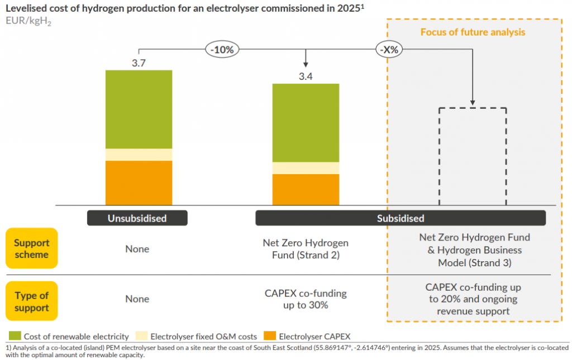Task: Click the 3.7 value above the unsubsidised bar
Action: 139,63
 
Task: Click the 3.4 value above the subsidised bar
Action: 306,76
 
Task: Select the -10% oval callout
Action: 222,50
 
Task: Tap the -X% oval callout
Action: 389,50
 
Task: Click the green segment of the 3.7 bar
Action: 139,109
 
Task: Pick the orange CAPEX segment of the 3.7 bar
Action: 139,183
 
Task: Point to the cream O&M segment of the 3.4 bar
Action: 306,168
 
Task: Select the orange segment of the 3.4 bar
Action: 306,190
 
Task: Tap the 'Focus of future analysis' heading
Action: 473,32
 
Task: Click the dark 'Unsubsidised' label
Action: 137,218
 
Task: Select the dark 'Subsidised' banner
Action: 400,218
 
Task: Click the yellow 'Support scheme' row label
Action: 31,249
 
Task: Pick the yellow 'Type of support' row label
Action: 31,301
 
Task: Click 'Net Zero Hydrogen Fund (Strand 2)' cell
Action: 306,249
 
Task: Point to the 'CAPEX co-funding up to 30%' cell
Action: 306,299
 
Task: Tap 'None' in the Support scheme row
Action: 137,249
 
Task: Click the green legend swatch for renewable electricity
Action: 15,336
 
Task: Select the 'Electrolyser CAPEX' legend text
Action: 314,337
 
